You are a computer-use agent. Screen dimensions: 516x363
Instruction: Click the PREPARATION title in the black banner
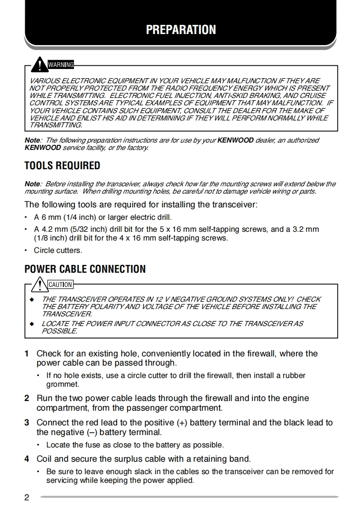click(x=181, y=30)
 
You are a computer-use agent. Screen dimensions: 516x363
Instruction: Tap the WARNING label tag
click(x=61, y=65)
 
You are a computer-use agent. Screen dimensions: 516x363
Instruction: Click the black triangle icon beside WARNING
click(x=41, y=63)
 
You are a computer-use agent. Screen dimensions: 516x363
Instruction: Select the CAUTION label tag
click(x=60, y=285)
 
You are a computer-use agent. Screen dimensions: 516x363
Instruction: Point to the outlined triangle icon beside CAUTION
click(x=41, y=283)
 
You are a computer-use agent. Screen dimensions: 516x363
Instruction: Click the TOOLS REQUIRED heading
click(x=62, y=166)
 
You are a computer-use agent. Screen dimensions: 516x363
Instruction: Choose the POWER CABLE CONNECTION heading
click(x=85, y=269)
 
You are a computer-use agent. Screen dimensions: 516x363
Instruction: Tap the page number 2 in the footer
click(x=27, y=498)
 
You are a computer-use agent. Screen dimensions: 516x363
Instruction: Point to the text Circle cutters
click(x=58, y=251)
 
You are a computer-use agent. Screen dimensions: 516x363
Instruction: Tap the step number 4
click(x=27, y=459)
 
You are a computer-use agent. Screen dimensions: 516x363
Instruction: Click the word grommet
click(x=63, y=384)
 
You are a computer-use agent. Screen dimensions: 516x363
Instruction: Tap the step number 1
click(x=27, y=354)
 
